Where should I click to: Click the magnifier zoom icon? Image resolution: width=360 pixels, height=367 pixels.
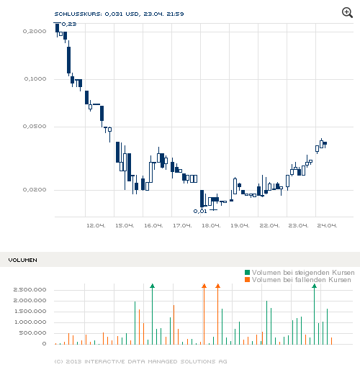tap(348, 12)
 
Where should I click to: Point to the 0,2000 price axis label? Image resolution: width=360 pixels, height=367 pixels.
tap(34, 32)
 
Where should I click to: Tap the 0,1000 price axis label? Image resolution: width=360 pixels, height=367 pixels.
tap(34, 79)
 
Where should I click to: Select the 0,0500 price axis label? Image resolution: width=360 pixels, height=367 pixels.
tap(34, 127)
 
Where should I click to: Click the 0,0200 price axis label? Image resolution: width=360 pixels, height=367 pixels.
tap(34, 190)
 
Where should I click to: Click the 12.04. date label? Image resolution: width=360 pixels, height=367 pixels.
tap(95, 225)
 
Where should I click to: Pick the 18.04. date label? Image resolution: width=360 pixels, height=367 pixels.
tap(210, 225)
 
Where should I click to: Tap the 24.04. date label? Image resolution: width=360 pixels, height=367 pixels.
tap(328, 225)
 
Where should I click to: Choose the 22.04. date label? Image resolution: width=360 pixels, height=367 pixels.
tap(269, 225)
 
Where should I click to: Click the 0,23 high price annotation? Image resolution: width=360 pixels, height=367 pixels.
tap(69, 24)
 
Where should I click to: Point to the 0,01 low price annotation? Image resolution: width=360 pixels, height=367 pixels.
tap(200, 211)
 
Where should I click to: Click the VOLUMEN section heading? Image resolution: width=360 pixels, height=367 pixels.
tap(22, 259)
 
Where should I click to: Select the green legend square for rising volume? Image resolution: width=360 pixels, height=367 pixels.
tap(248, 272)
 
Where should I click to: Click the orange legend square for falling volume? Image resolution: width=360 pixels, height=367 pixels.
tap(248, 279)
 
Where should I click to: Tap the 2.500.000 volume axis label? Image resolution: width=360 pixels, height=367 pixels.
tap(30, 290)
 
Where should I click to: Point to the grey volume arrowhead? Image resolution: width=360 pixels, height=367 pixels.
tap(152, 286)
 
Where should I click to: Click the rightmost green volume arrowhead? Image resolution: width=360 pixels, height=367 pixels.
tap(314, 286)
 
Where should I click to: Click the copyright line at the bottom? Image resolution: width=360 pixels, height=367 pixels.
tap(141, 361)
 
